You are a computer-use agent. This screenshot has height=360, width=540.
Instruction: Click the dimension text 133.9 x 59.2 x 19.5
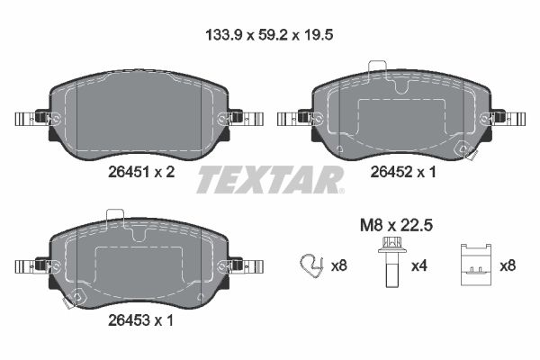269,38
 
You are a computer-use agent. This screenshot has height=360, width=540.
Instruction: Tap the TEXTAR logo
270,179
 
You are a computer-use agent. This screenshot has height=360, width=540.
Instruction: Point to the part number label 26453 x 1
142,320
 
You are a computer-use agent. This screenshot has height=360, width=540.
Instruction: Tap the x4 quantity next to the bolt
420,265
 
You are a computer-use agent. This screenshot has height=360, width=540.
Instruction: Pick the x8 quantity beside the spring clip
338,265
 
